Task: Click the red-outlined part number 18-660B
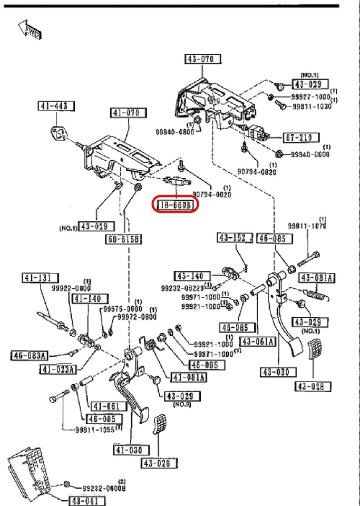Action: pyautogui.click(x=175, y=205)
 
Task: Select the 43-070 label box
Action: pyautogui.click(x=202, y=59)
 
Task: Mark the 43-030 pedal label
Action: pyautogui.click(x=274, y=372)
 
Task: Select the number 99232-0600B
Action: pyautogui.click(x=104, y=486)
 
